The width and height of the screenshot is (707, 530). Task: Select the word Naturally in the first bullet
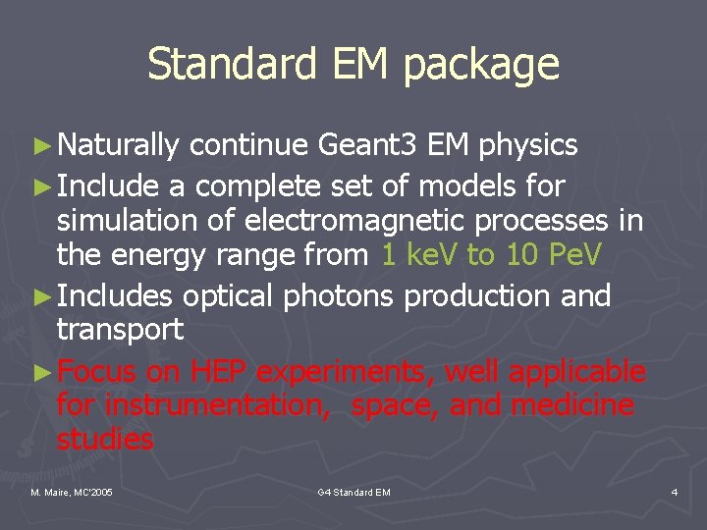(x=119, y=146)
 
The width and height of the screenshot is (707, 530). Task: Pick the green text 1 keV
(x=419, y=255)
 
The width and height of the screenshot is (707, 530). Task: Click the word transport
(x=120, y=331)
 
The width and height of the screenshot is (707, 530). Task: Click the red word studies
(x=105, y=440)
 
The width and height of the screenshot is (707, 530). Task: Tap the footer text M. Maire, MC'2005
(x=71, y=491)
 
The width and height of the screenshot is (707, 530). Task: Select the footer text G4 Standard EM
(x=354, y=491)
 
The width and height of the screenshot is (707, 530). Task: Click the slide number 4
(x=674, y=491)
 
